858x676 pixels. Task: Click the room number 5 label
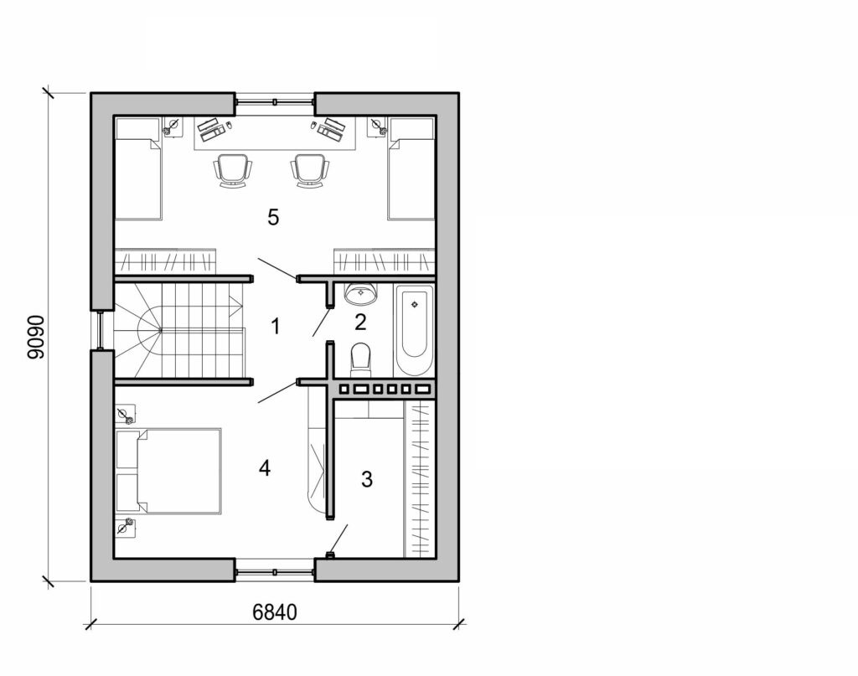coord(272,218)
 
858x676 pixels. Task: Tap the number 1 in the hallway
coord(276,326)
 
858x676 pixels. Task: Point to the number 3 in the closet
coord(366,479)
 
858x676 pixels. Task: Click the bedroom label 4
coord(265,468)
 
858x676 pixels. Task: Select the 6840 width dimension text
coord(275,612)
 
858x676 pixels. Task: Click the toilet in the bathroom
coord(361,358)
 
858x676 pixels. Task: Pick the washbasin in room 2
coord(361,293)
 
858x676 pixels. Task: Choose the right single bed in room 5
coord(411,168)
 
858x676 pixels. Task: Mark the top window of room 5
coord(274,102)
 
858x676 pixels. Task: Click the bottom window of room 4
coord(274,571)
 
